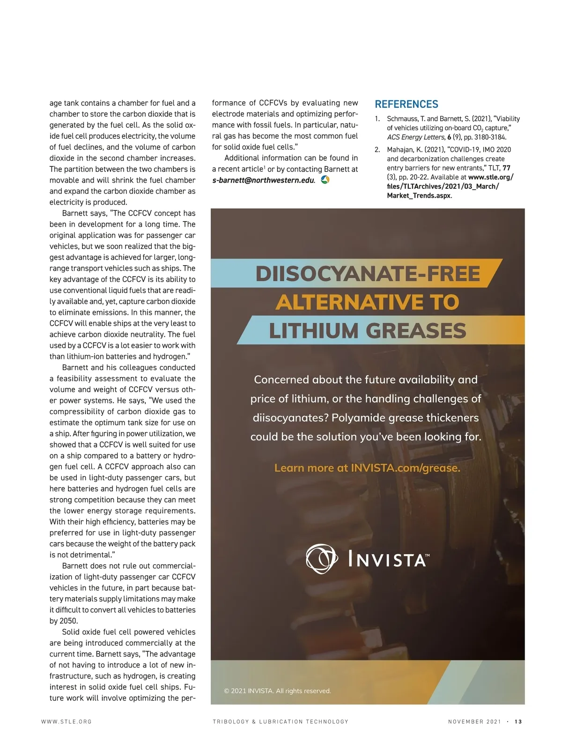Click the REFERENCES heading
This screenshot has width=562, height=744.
407,104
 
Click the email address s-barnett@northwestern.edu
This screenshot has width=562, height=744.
263,180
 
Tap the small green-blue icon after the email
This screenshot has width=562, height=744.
325,180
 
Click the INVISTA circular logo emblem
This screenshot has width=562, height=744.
321,559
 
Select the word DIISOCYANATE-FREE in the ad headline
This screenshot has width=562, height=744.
368,274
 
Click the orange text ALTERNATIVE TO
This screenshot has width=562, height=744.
368,302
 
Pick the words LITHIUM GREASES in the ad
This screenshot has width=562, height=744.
368,331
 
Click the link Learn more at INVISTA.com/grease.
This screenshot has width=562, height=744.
367,468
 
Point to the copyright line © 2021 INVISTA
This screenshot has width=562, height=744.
277,691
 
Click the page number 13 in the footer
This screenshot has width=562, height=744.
518,722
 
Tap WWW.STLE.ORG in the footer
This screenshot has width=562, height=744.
67,722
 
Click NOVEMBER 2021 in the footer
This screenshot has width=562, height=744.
474,722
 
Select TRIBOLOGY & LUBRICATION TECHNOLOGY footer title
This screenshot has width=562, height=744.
281,722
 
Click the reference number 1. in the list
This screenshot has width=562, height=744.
377,119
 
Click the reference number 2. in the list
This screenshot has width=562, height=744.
377,150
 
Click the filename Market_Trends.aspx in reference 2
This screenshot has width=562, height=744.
418,195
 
